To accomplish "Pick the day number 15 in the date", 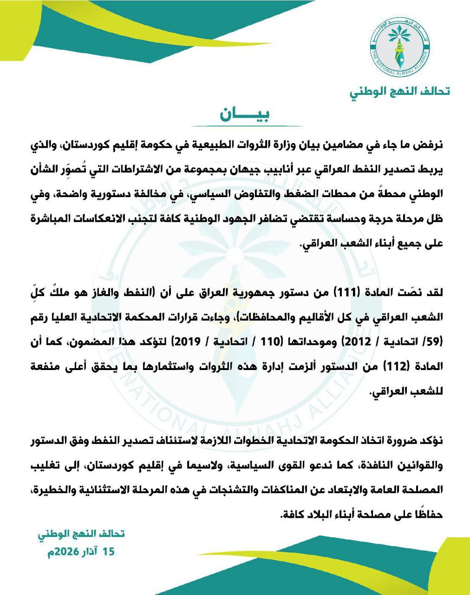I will [x=108, y=552].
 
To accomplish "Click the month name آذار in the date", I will [x=88, y=552].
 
